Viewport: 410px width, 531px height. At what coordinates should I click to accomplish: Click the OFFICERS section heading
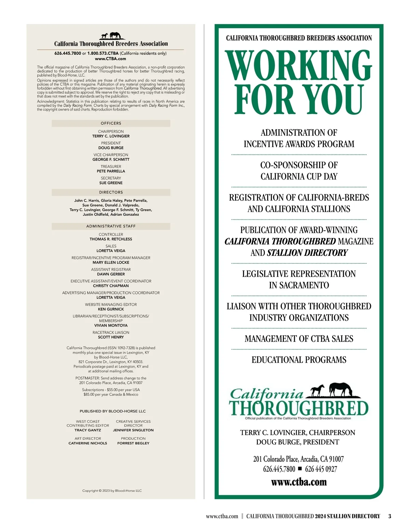coord(111,123)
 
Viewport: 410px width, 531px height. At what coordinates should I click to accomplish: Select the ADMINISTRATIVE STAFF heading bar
coord(111,226)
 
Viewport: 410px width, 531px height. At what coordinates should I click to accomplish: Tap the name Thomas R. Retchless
coord(111,239)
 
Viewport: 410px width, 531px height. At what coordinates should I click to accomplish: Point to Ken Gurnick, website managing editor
coord(111,309)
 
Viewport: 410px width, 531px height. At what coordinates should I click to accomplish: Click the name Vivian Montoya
coord(111,326)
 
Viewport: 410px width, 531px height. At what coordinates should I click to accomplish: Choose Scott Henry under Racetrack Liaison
coord(111,337)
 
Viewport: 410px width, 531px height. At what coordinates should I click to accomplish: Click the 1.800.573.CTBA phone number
coord(103,53)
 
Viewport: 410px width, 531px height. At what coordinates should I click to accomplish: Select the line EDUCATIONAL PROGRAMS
coord(299,360)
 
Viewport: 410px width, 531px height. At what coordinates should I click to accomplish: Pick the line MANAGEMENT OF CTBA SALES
coord(299,339)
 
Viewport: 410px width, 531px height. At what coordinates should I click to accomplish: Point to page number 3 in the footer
coord(389,516)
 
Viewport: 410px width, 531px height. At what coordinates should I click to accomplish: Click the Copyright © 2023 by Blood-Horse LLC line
coord(112,491)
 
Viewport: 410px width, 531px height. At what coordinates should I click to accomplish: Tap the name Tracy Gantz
coord(88,430)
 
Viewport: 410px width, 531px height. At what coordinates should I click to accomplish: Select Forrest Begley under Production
coord(133,443)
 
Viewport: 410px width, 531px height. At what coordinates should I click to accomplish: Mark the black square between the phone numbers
coord(300,468)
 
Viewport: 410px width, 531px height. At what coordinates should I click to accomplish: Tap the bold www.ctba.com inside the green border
coord(299,482)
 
